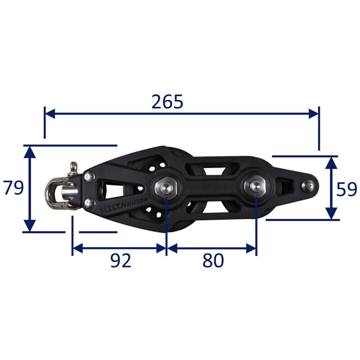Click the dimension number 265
[x=167, y=102]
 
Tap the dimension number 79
[x=13, y=188]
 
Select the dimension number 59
[x=346, y=189]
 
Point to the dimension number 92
[x=121, y=260]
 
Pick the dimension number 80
[x=213, y=260]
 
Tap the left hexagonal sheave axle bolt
[x=166, y=188]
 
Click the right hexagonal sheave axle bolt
[x=255, y=185]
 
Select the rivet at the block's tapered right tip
[x=308, y=186]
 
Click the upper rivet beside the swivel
[x=89, y=176]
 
